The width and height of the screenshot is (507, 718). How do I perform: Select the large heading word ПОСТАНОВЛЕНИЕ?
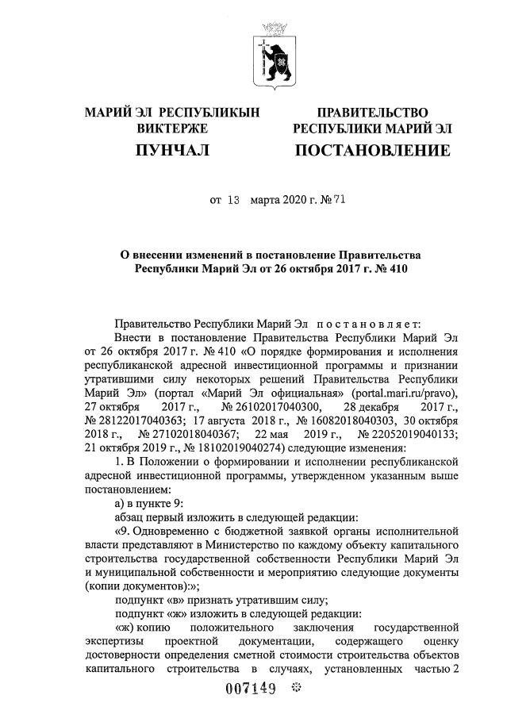[x=372, y=150]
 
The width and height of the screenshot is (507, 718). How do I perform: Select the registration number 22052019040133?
[x=404, y=435]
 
